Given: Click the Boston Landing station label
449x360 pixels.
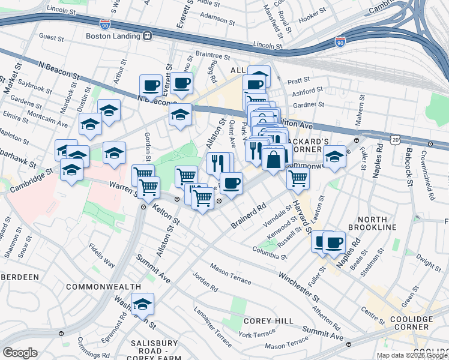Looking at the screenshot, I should (113, 35).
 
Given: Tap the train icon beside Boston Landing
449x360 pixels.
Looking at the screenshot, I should (147, 35).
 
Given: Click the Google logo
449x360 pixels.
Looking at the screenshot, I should (20, 353).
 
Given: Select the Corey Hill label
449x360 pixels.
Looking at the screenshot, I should (271, 322).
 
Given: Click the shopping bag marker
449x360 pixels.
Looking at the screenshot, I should (273, 160).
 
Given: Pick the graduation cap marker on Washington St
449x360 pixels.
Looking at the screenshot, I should (143, 304).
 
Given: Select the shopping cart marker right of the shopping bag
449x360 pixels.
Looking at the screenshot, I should (297, 178).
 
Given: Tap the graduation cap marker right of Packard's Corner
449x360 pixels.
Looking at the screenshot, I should (335, 157).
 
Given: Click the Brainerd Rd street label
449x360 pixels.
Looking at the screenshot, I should (247, 218).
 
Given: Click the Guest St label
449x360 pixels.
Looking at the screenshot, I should (51, 37).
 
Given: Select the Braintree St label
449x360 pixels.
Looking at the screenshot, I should (213, 56).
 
